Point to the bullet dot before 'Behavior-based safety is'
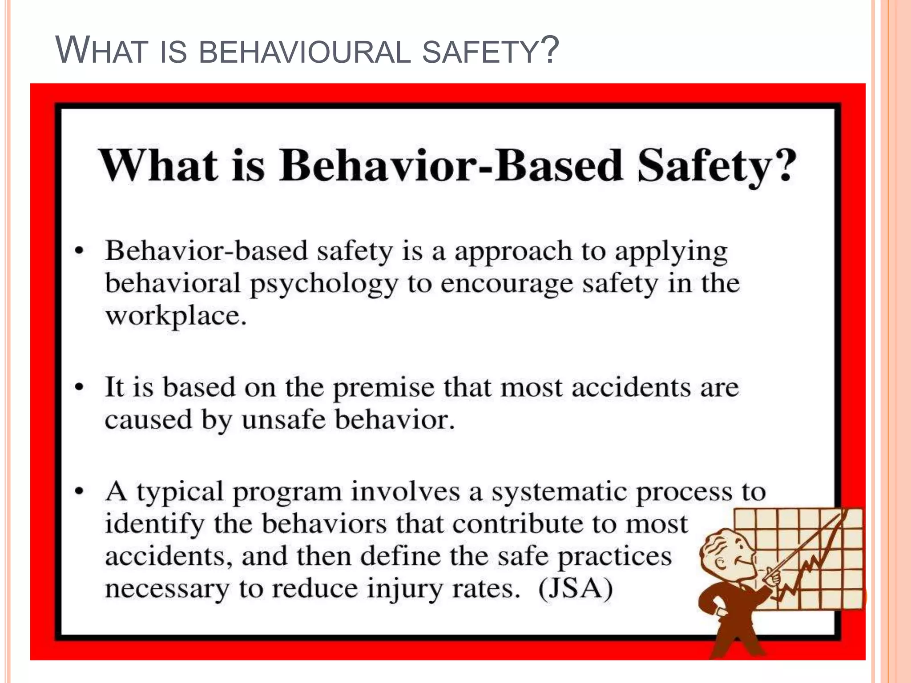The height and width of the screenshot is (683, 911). tap(79, 251)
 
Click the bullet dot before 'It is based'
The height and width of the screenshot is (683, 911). tap(79, 387)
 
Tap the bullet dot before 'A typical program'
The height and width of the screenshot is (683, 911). tap(79, 492)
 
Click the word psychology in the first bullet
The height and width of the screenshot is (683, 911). tap(324, 285)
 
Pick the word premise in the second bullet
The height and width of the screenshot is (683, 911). tap(383, 388)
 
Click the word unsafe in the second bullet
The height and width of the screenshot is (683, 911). tap(283, 420)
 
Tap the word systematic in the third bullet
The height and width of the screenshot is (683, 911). tap(559, 492)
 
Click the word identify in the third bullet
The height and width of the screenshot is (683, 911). tap(154, 525)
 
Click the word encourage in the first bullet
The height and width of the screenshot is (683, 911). tap(507, 285)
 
